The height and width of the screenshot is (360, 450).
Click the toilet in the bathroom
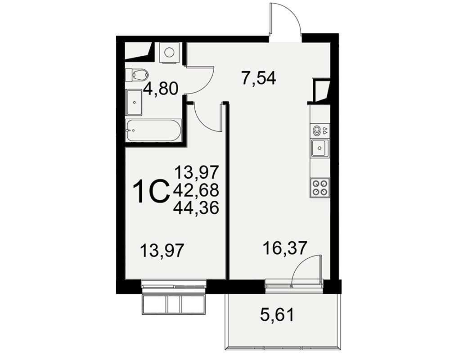tap(137, 75)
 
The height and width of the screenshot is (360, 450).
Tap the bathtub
tap(153, 130)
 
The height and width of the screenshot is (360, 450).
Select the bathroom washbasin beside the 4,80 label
tap(134, 102)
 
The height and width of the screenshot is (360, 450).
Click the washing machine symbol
tap(169, 52)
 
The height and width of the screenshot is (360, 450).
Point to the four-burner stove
tap(319, 188)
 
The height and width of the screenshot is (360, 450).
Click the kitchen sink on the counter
tap(319, 148)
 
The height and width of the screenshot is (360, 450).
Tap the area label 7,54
tap(259, 78)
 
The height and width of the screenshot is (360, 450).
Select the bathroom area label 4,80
tap(161, 88)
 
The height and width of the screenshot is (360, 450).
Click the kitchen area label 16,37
tap(285, 248)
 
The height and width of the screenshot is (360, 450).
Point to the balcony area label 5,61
tap(277, 315)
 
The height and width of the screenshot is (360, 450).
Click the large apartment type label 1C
tap(150, 191)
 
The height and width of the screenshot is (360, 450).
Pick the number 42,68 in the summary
tap(196, 190)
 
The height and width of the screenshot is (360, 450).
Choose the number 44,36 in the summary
tap(196, 207)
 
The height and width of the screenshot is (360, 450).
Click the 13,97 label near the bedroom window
tap(162, 250)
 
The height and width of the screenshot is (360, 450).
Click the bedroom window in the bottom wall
tap(174, 286)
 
